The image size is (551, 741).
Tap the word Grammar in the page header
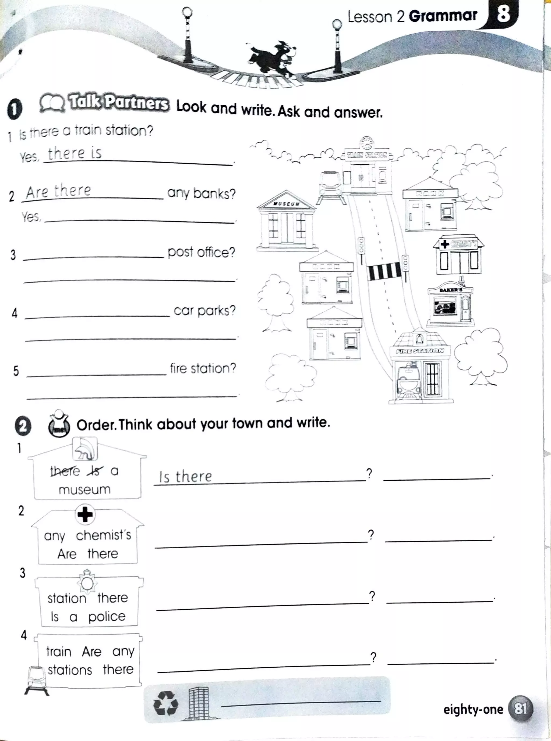tap(443, 16)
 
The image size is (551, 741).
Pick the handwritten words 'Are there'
tap(58, 191)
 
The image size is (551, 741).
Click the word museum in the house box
tap(85, 490)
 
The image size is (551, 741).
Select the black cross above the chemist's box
tap(85, 514)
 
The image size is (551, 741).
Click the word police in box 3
tap(107, 616)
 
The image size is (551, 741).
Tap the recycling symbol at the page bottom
tap(166, 703)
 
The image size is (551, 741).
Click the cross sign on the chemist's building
tap(445, 244)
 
